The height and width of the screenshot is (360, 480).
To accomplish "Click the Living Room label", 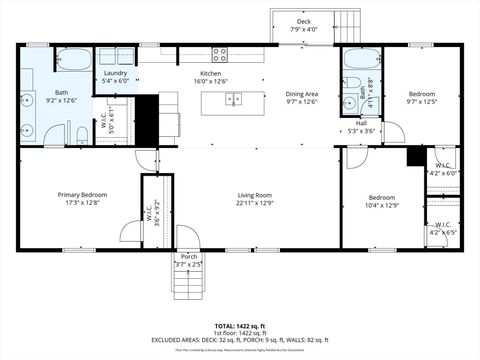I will pyautogui.click(x=255, y=195).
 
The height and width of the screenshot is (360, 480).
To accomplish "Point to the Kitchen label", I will pyautogui.click(x=210, y=74).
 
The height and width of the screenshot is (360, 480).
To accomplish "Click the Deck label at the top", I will pyautogui.click(x=303, y=21).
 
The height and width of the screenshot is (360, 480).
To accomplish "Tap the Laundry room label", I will pyautogui.click(x=114, y=73).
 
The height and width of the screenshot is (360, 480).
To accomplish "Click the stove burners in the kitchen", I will pyautogui.click(x=220, y=53).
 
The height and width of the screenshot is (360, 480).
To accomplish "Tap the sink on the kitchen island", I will pyautogui.click(x=233, y=98).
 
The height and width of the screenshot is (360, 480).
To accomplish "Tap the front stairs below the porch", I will pyautogui.click(x=189, y=286).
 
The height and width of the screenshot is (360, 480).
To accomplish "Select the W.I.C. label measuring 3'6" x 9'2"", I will pyautogui.click(x=149, y=213).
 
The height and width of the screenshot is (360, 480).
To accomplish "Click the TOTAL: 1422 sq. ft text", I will pyautogui.click(x=240, y=326).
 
